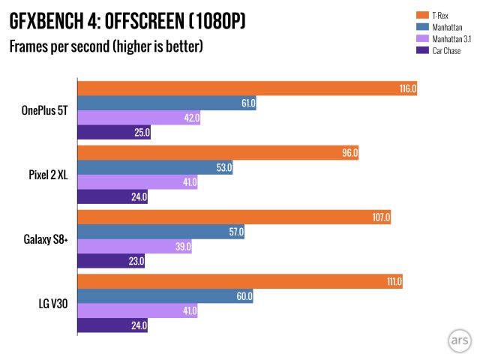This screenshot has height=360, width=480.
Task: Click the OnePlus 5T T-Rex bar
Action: (x=247, y=88)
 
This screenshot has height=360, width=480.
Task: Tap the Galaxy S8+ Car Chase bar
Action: (x=111, y=262)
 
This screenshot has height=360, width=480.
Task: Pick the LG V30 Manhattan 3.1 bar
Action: (x=137, y=310)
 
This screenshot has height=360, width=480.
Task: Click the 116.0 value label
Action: (x=407, y=88)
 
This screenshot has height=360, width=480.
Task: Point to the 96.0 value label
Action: (x=349, y=152)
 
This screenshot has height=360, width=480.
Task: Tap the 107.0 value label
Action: (x=382, y=217)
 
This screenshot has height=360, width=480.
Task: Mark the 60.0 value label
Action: (x=244, y=296)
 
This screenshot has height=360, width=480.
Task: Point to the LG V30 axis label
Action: (x=51, y=304)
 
